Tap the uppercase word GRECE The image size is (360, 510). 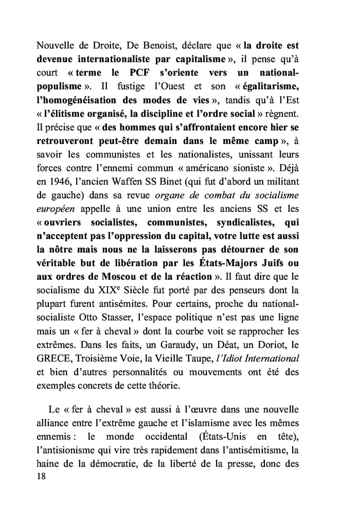(55, 354)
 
